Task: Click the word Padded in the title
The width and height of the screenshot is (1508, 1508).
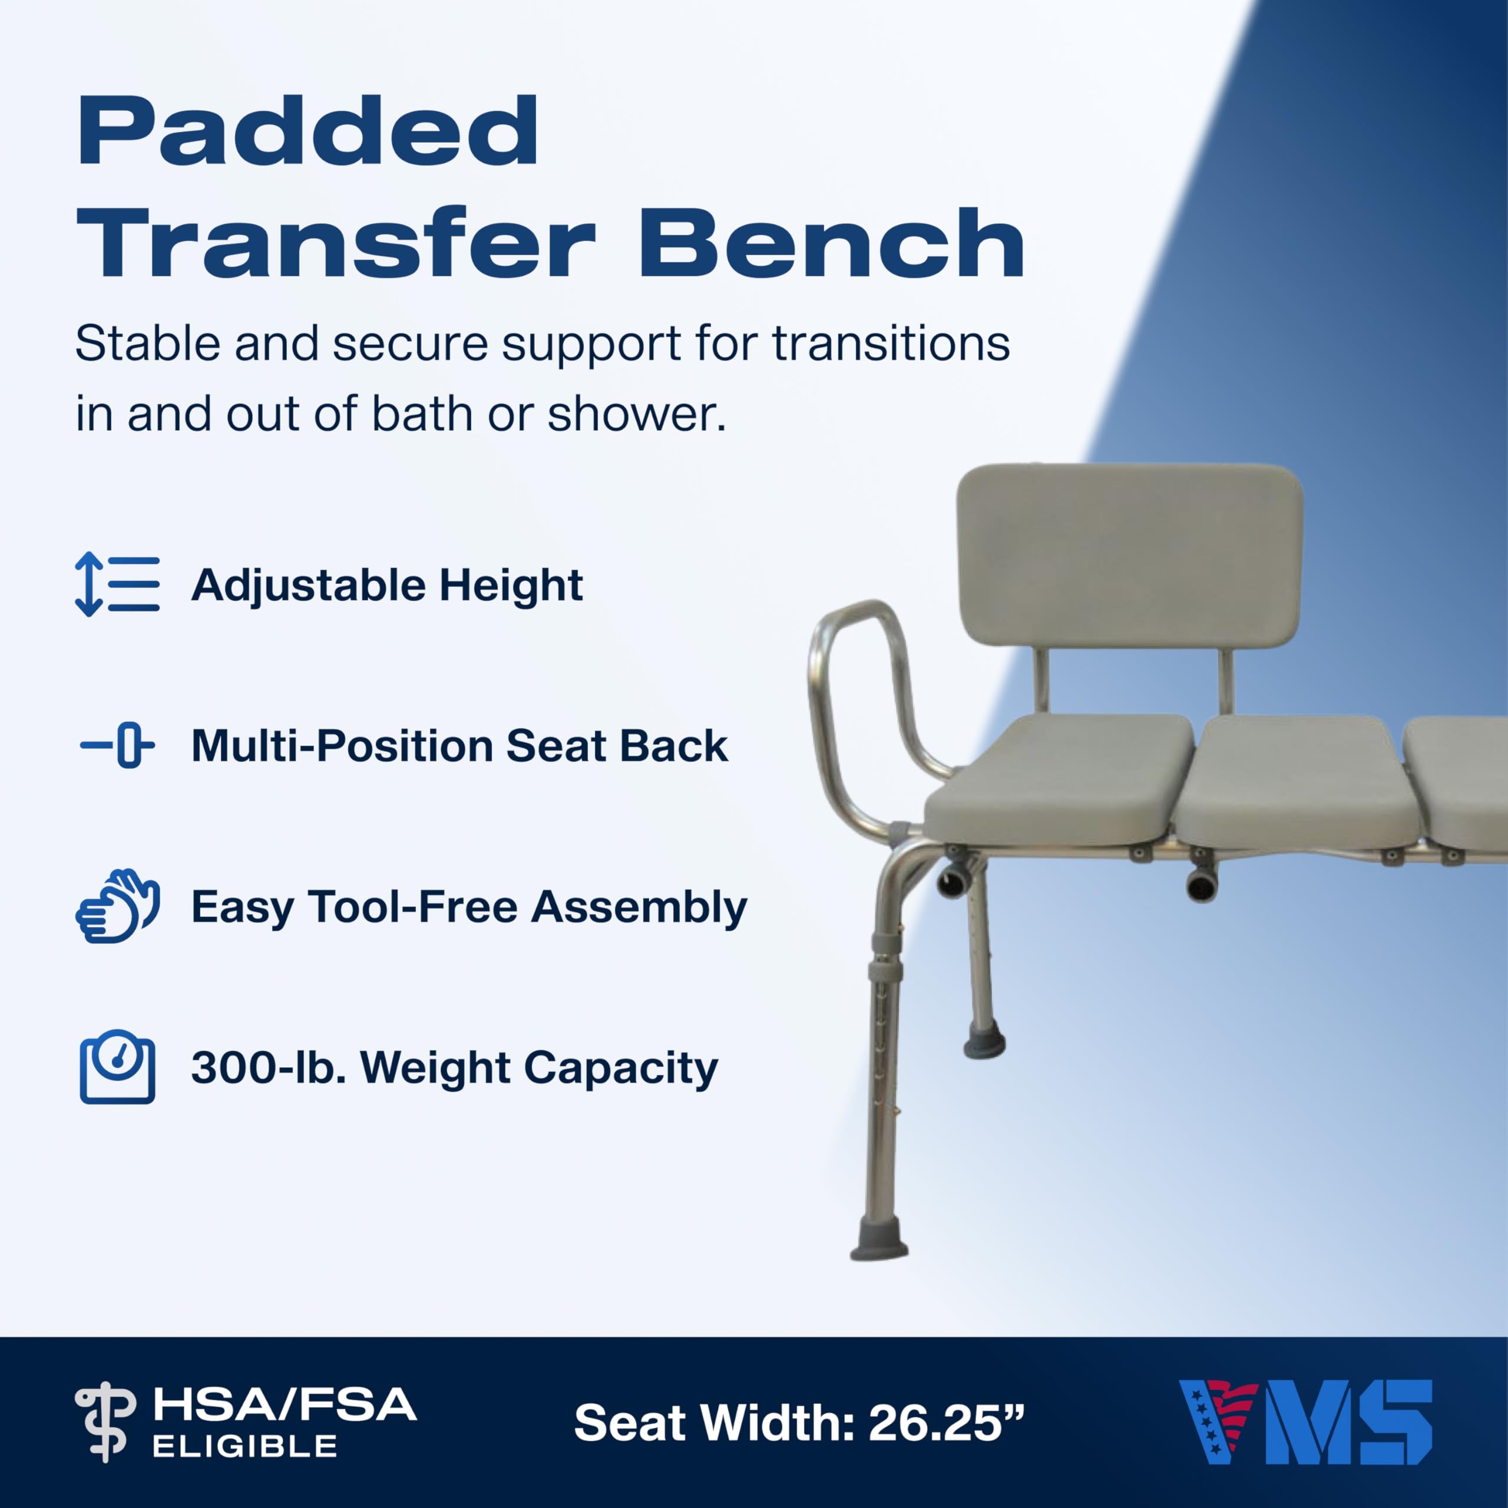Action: (307, 131)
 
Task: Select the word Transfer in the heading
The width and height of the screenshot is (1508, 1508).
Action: (336, 243)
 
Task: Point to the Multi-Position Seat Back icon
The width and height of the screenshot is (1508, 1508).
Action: (117, 745)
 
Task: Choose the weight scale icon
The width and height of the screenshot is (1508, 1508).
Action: (117, 1067)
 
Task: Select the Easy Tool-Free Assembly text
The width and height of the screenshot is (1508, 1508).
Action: (469, 907)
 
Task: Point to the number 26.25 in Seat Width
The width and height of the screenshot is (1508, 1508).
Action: (934, 1423)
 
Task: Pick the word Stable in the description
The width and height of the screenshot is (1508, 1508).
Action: (147, 343)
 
